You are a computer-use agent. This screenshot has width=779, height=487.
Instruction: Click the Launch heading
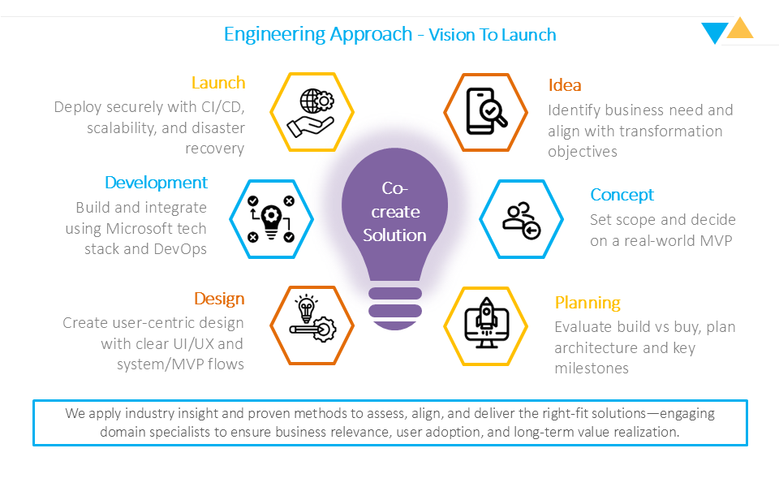(218, 83)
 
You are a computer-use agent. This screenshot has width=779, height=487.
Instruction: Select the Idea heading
(565, 85)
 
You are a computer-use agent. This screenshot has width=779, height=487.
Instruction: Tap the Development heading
(156, 183)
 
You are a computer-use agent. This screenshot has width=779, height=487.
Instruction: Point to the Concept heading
(622, 195)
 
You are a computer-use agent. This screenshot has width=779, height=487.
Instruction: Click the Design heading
(219, 299)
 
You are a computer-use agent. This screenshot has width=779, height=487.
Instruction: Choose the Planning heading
(587, 303)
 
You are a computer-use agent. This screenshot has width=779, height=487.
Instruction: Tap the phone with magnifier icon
(485, 112)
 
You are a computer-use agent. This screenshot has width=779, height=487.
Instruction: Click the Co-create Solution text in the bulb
(394, 212)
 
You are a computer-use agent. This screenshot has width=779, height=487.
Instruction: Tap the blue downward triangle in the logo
(714, 32)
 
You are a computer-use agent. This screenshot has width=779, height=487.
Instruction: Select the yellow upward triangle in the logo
(739, 29)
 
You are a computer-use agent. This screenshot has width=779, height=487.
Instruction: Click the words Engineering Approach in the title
(318, 34)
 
